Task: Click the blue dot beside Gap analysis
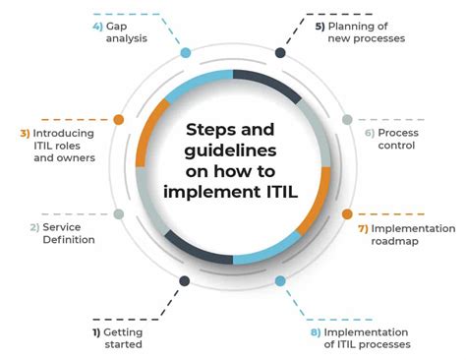[x=184, y=52]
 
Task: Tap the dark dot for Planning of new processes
[x=280, y=52]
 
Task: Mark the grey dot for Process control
[x=347, y=119]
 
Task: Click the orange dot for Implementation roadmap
[x=347, y=213]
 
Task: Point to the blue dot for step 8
[x=280, y=280]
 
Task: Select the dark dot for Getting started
[x=184, y=280]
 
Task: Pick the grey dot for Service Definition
[x=118, y=213]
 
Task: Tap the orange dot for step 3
[x=118, y=119]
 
